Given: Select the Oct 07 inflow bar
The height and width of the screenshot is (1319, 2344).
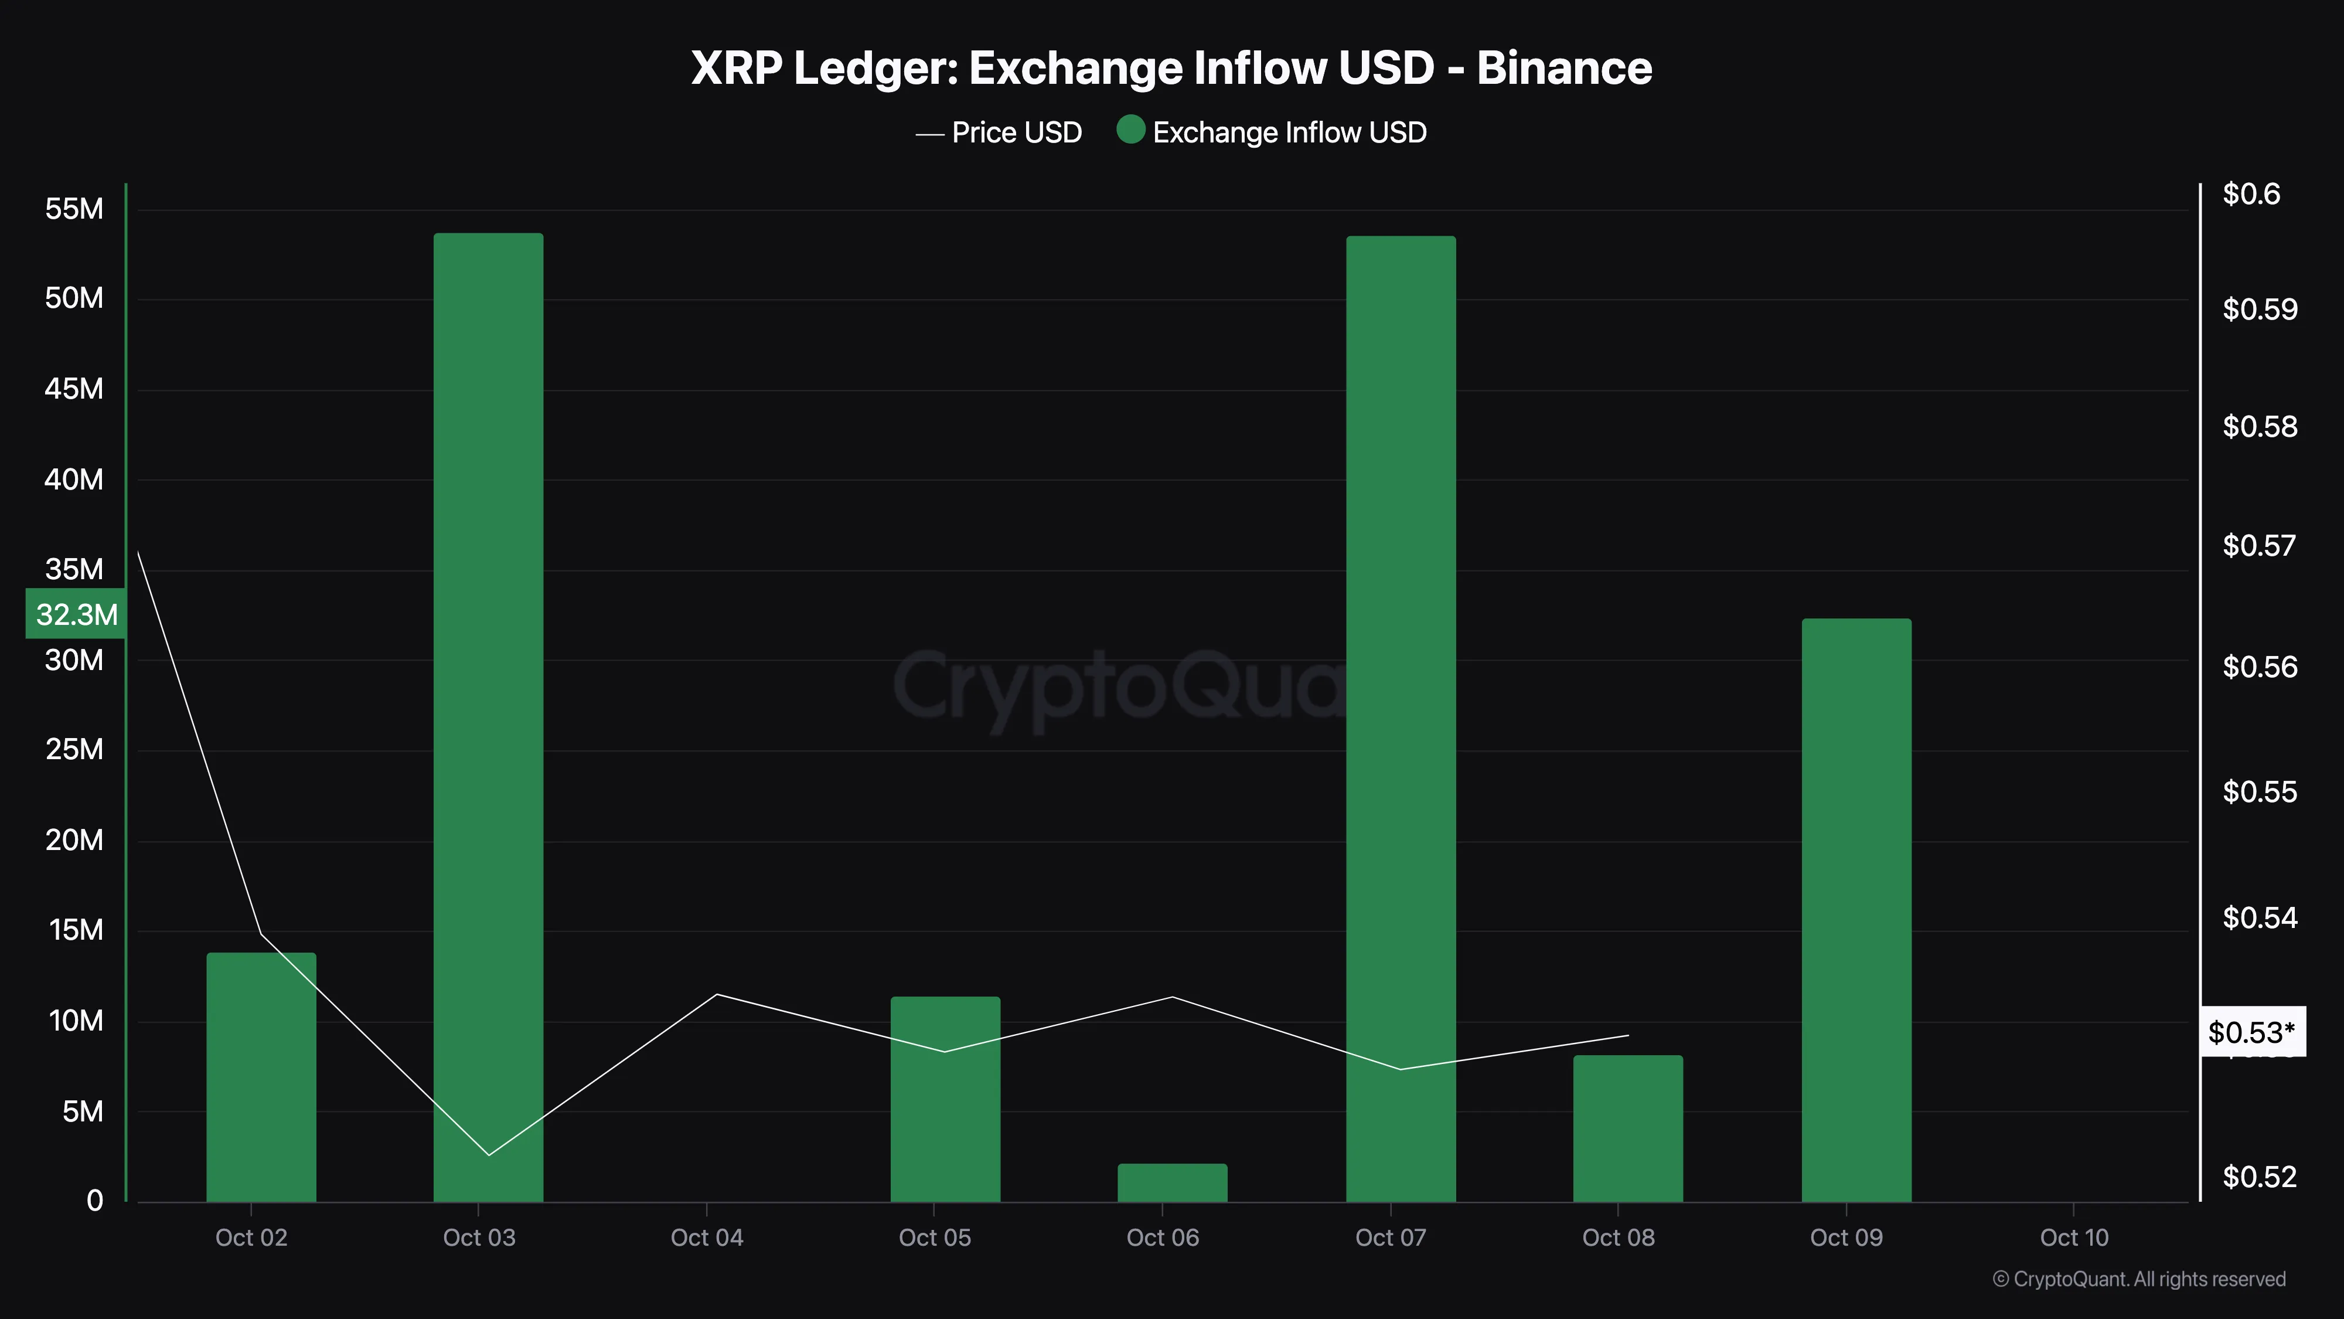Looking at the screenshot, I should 1401,719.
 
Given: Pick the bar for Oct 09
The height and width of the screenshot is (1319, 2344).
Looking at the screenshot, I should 1856,910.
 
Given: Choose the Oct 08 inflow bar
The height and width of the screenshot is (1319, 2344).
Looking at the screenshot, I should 1628,1128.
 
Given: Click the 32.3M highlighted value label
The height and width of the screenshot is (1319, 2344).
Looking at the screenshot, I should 76,614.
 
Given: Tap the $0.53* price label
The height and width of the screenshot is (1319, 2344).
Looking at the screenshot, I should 2251,1032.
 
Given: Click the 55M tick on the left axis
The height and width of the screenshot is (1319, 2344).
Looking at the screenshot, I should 74,209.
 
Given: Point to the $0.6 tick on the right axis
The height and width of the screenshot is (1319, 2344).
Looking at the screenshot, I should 2251,194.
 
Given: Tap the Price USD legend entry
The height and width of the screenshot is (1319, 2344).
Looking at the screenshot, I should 1016,133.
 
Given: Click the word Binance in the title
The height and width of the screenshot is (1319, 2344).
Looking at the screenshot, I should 1563,68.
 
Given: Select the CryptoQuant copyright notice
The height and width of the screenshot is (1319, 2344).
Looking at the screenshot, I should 2138,1279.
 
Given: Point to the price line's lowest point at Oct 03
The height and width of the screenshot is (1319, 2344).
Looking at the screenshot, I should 489,1155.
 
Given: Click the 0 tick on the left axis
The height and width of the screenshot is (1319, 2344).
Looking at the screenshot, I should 94,1201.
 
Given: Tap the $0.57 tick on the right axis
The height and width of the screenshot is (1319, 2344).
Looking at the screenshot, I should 2260,545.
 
